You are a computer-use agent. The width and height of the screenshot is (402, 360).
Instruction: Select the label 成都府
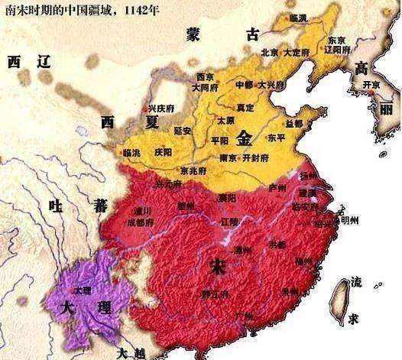141,223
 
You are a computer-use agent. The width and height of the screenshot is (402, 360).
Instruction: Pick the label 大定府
294,53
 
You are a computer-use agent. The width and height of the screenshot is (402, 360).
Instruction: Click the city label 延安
183,131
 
